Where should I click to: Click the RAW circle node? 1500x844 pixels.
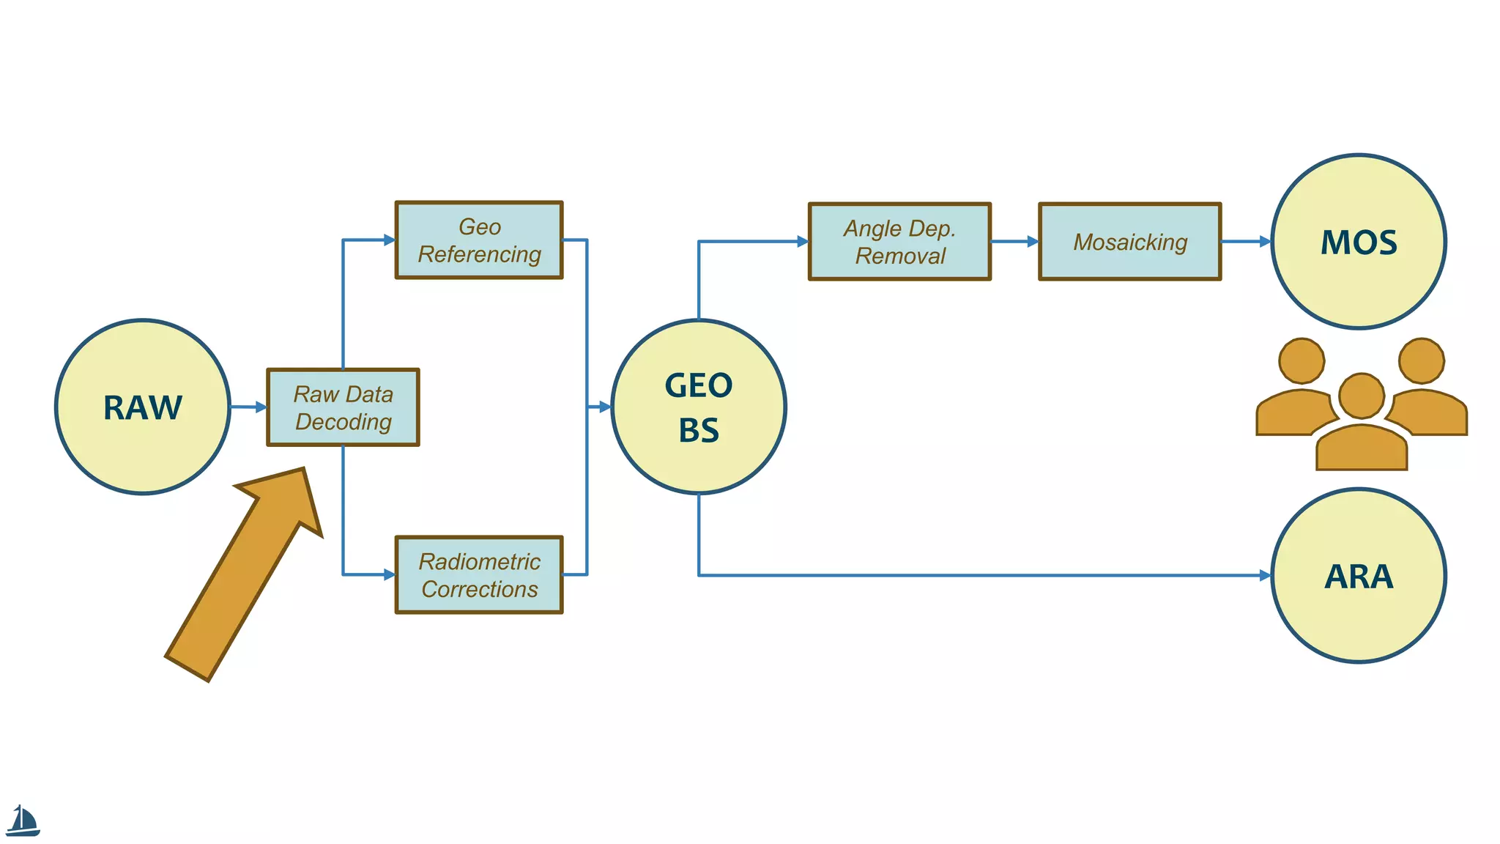pyautogui.click(x=143, y=407)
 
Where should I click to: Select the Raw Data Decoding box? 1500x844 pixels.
pyautogui.click(x=343, y=407)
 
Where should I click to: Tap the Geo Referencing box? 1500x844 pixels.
pyautogui.click(x=479, y=240)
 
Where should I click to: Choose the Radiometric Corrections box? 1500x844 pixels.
pyautogui.click(x=479, y=575)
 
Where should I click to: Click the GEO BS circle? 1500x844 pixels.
pyautogui.click(x=699, y=407)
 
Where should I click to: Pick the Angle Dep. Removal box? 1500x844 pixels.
pyautogui.click(x=899, y=242)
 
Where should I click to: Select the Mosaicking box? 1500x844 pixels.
pyautogui.click(x=1129, y=242)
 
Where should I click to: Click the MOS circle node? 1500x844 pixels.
pyautogui.click(x=1359, y=242)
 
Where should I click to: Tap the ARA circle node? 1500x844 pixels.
pyautogui.click(x=1359, y=576)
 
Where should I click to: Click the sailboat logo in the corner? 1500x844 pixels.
pyautogui.click(x=23, y=821)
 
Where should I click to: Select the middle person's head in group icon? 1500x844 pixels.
pyautogui.click(x=1361, y=396)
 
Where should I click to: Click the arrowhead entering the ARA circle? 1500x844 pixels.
pyautogui.click(x=1265, y=576)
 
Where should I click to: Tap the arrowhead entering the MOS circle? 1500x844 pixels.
pyautogui.click(x=1265, y=241)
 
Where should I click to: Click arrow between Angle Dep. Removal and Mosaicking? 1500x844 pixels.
pyautogui.click(x=1014, y=241)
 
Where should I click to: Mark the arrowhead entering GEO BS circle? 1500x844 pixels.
pyautogui.click(x=604, y=407)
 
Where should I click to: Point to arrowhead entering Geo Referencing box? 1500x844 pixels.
pyautogui.click(x=389, y=240)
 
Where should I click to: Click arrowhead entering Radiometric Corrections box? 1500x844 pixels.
pyautogui.click(x=389, y=575)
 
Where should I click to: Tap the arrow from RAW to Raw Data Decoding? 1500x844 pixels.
pyautogui.click(x=249, y=407)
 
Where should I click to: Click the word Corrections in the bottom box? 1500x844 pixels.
pyautogui.click(x=480, y=589)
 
